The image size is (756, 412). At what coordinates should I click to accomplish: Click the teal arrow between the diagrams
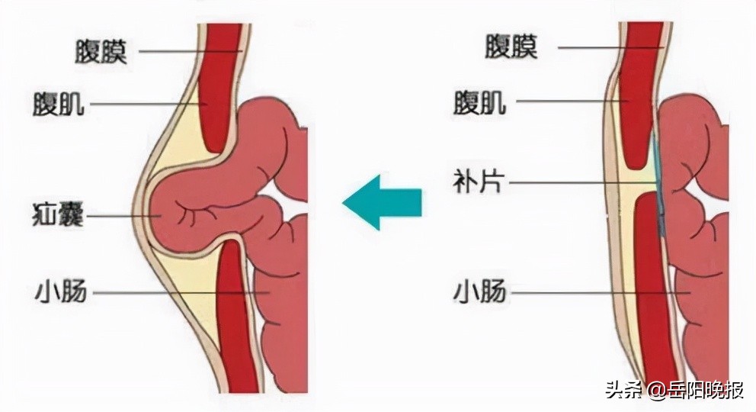coord(382,202)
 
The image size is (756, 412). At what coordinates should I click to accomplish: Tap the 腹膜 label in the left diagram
coord(101,52)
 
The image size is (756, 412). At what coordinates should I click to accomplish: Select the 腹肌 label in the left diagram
coord(59,105)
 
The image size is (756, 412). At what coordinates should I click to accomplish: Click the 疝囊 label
coord(58,215)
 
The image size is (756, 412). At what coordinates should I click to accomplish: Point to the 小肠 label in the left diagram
coord(61,292)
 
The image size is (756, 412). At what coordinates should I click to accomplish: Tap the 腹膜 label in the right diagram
coord(511,47)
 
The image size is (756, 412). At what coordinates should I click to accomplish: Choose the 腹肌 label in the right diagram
coord(479,103)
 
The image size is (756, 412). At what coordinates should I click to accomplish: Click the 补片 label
coord(479,182)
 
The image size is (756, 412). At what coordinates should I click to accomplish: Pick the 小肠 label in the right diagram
coord(479,292)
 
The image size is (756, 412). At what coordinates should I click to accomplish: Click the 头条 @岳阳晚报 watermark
coord(674,390)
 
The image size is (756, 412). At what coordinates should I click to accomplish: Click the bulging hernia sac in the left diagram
coord(203,208)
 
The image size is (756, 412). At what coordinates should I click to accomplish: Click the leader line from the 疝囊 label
coord(123,216)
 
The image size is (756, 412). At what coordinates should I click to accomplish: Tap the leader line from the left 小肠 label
coord(181,293)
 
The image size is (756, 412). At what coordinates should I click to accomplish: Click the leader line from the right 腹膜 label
coord(612,47)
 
